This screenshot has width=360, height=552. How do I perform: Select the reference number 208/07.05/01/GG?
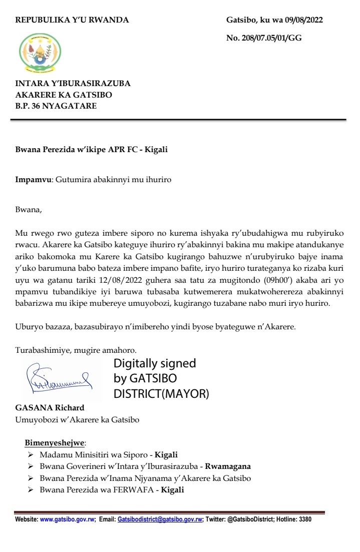click(271, 38)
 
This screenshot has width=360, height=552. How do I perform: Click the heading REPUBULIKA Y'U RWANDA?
click(72, 21)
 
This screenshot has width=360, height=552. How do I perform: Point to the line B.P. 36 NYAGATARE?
click(57, 106)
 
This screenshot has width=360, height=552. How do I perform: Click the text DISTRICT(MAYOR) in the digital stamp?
click(161, 394)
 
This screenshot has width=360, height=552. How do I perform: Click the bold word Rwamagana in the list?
click(231, 466)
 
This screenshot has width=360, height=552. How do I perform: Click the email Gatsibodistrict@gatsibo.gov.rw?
click(160, 519)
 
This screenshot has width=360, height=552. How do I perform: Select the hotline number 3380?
click(305, 519)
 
